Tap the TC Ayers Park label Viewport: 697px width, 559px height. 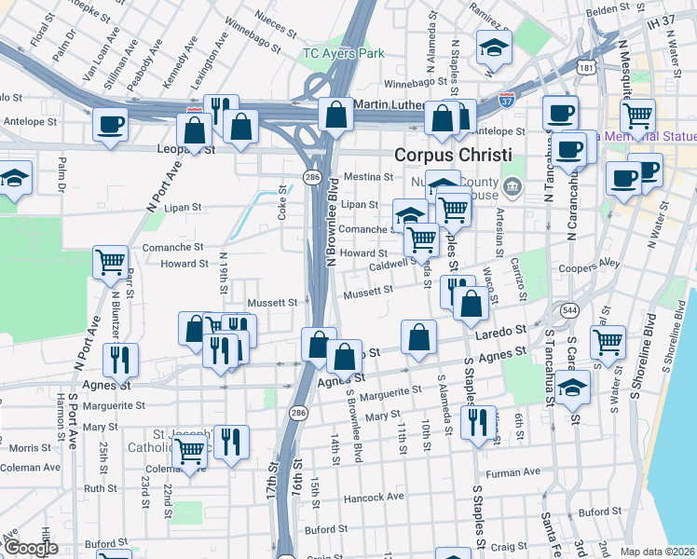point(343,54)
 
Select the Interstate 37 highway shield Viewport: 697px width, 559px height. point(506,97)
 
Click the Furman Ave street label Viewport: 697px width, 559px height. point(512,472)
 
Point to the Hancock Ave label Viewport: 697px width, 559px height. point(376,497)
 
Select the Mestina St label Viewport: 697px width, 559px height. point(368,176)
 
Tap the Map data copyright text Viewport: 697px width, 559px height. point(658,552)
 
